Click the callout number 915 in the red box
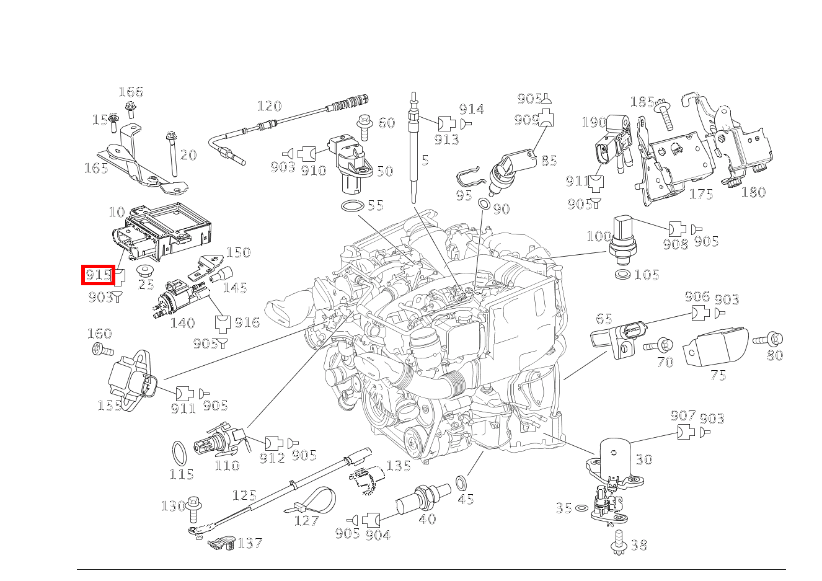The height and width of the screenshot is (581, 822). [98, 274]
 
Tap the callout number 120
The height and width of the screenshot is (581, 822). [268, 106]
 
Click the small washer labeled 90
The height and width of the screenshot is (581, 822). [484, 204]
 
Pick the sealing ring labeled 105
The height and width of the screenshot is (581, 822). [623, 274]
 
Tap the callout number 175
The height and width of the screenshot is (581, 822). [701, 194]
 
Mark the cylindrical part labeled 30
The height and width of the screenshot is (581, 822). [615, 455]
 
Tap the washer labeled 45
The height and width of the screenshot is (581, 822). [462, 482]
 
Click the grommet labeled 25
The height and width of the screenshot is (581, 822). [145, 271]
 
